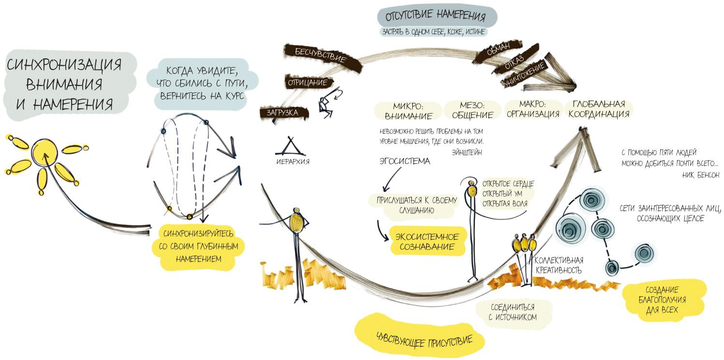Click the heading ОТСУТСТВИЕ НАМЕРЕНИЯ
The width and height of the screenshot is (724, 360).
coord(435,17)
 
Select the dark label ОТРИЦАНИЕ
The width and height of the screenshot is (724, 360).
coord(304,83)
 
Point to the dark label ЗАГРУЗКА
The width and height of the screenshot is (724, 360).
coord(278,113)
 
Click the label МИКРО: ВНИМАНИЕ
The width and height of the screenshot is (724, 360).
coord(408,110)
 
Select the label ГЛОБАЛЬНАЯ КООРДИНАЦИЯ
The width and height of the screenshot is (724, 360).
coord(599,109)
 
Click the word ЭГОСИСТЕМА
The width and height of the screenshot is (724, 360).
coord(404,161)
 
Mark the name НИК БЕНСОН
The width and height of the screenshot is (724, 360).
coord(701,175)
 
